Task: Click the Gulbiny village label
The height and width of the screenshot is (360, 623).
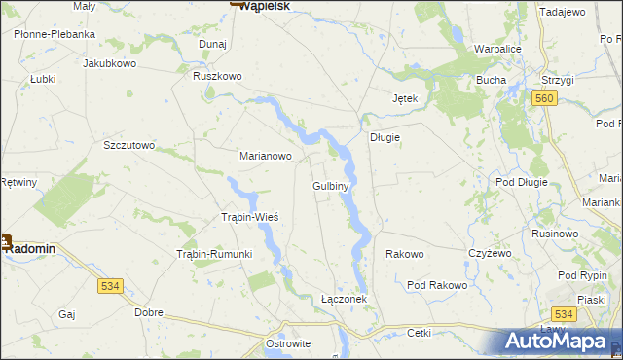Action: point(331,185)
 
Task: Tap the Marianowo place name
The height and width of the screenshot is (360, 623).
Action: point(266,155)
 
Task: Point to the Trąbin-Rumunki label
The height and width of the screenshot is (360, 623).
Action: point(214,254)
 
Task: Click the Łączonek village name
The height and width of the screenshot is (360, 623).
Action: point(344,299)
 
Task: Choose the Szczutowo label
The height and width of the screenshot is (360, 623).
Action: point(129,145)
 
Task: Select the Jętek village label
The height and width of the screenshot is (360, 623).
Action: point(405,99)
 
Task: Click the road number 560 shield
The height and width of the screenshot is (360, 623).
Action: point(544,98)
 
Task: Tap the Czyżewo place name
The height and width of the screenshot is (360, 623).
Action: point(490,253)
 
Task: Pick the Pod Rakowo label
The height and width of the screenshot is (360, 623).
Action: point(437,285)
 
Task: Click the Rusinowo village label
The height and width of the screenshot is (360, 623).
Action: point(556,234)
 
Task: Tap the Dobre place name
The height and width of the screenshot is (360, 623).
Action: point(149,312)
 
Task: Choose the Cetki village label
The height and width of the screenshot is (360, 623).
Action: point(419,332)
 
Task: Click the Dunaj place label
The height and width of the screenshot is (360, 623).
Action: point(212,45)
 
